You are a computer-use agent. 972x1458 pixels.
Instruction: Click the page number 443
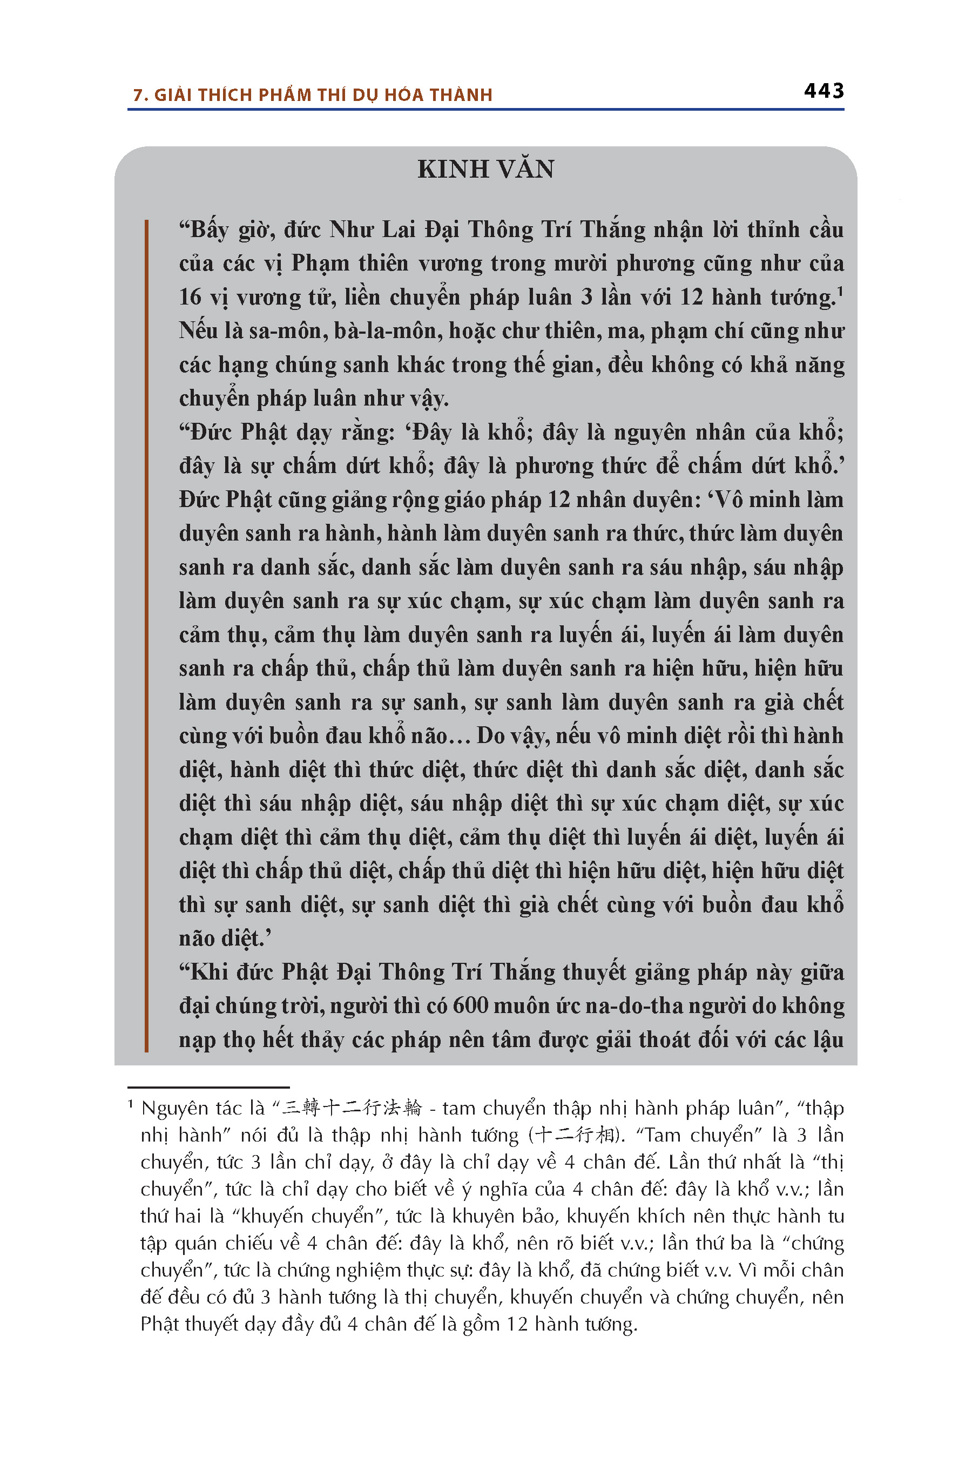point(824,91)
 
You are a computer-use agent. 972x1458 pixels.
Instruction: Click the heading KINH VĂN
point(485,169)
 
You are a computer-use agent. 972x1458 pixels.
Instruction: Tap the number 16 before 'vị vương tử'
point(190,298)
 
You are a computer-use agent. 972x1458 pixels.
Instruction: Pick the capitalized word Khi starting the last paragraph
point(209,972)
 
